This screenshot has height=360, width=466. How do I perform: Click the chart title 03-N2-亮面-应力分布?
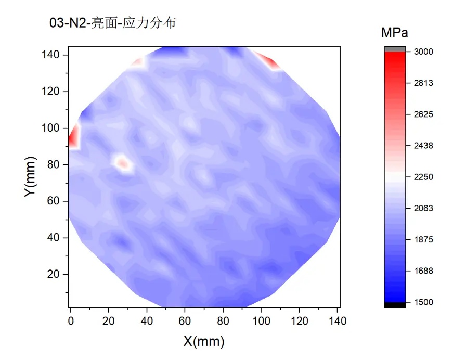click(112, 23)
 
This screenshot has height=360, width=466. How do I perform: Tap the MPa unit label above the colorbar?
click(394, 33)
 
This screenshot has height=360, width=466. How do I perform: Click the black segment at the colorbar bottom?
click(394, 305)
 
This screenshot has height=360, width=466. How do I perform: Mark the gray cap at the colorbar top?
click(394, 49)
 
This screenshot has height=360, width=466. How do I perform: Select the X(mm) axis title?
click(204, 342)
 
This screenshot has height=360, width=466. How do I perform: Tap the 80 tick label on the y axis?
click(57, 164)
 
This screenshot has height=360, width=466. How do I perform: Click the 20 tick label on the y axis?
click(57, 274)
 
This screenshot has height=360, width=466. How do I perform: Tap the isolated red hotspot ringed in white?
click(123, 164)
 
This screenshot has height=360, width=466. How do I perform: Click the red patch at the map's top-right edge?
click(269, 60)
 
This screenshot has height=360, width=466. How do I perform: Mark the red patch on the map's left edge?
click(74, 136)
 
